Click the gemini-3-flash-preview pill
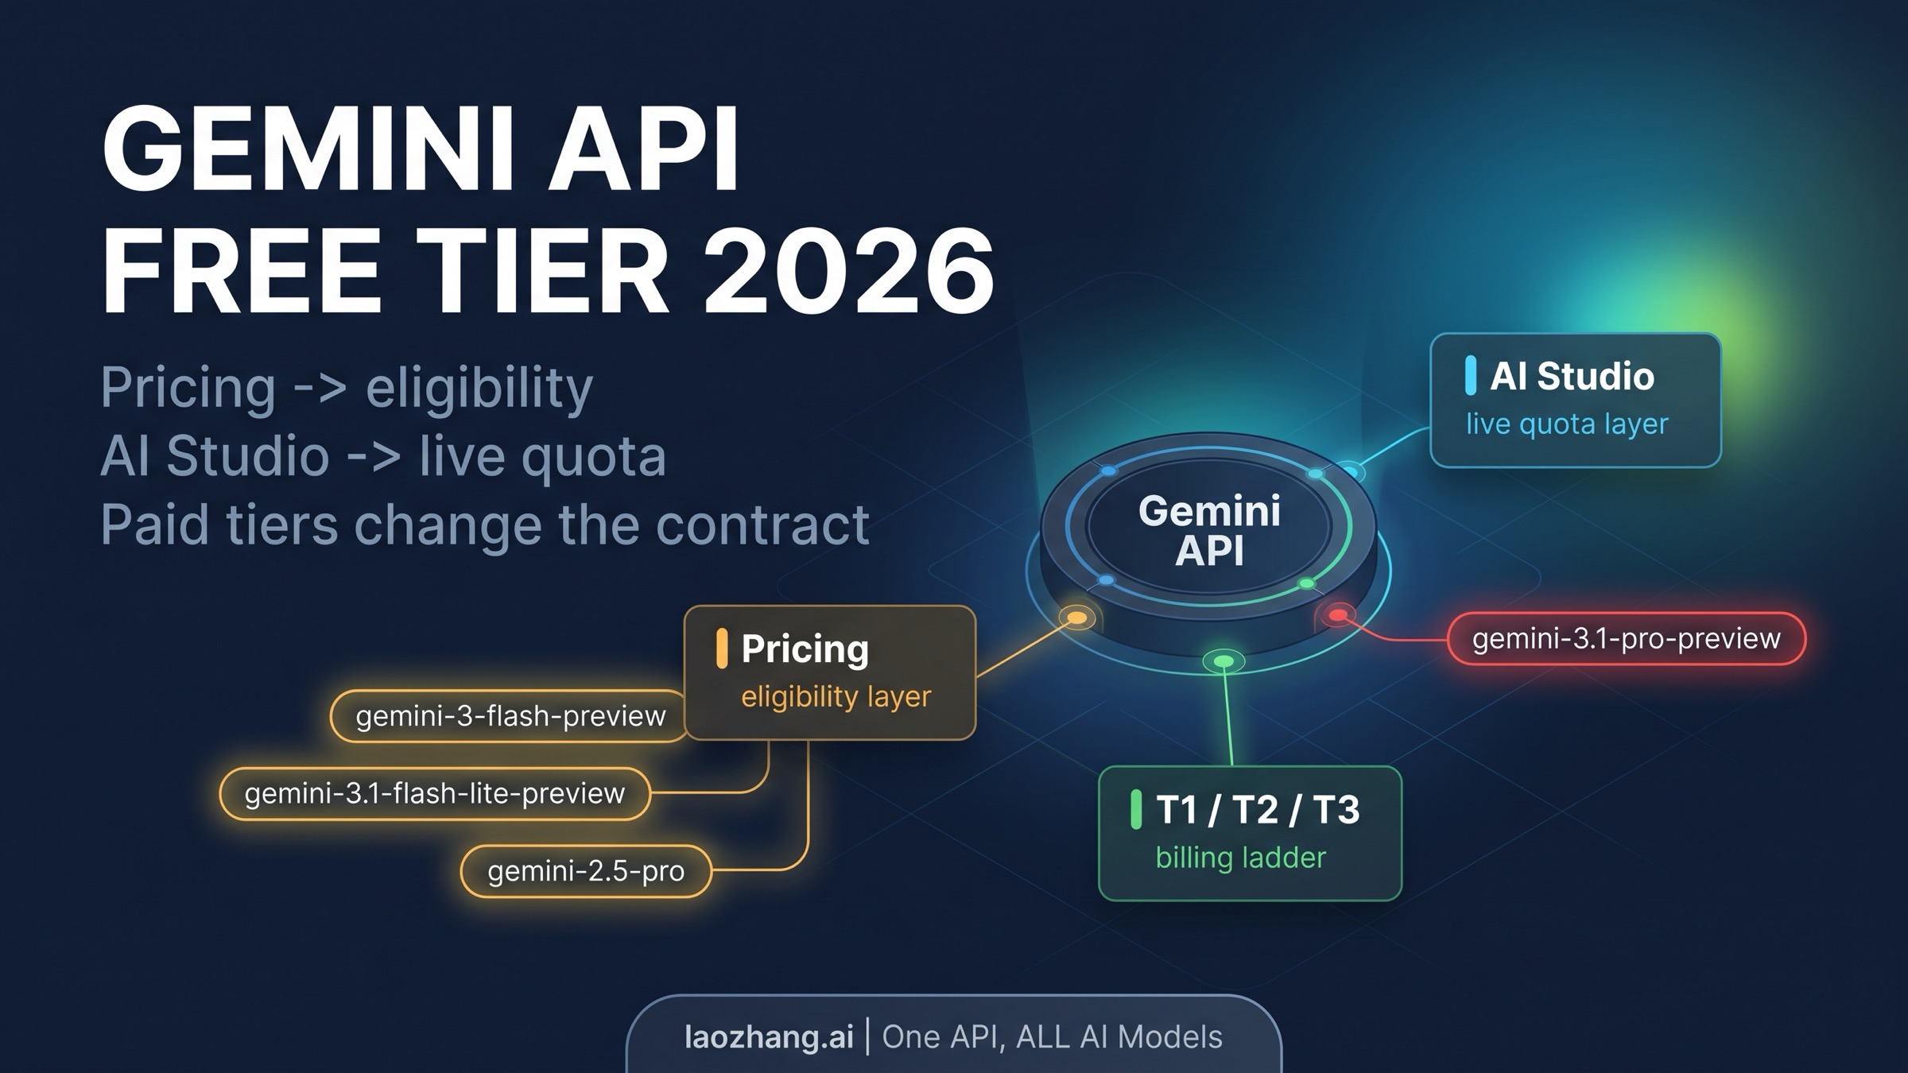[509, 716]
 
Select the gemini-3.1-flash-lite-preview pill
[435, 793]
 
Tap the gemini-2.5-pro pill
[586, 871]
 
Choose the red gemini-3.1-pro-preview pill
[1626, 638]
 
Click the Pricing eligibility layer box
[829, 672]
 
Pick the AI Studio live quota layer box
[1575, 400]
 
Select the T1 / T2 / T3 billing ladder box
[1250, 833]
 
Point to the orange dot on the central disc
[1077, 618]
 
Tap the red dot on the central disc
[1338, 614]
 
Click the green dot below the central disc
[1224, 661]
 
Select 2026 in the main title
[848, 272]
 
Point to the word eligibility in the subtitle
[479, 389]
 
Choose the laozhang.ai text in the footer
[769, 1037]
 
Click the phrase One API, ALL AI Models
[1052, 1037]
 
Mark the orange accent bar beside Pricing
[722, 648]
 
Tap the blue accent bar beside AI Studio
[1471, 375]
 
